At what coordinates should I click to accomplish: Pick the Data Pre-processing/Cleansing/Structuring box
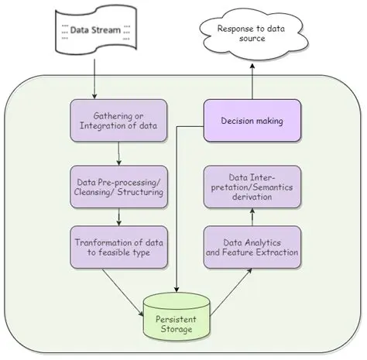coord(116,187)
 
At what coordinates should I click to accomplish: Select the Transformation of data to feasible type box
coord(116,247)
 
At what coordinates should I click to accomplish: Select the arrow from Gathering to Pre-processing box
coord(116,154)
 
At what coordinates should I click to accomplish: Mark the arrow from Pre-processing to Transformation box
coord(116,218)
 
